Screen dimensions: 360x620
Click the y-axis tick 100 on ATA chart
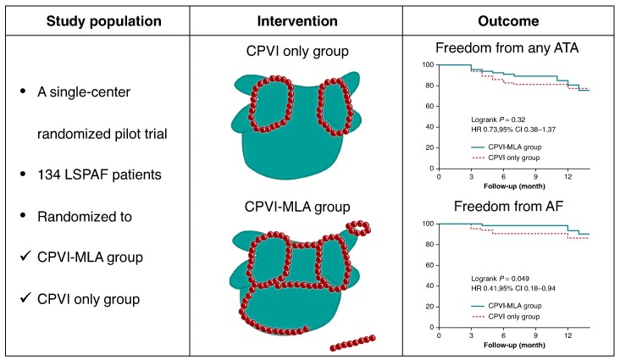(429, 65)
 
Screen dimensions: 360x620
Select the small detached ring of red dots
(358, 229)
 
